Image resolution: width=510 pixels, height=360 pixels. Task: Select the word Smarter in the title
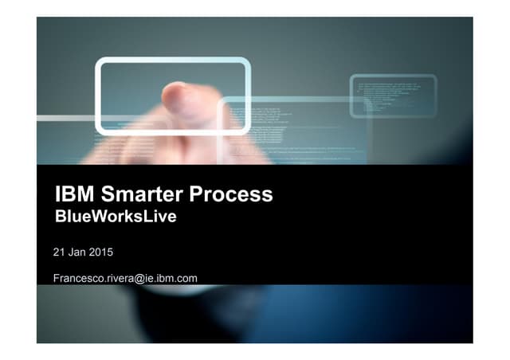click(x=142, y=194)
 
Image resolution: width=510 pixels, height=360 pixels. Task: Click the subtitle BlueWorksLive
click(x=115, y=216)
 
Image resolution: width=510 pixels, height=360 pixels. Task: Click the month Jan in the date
click(x=77, y=252)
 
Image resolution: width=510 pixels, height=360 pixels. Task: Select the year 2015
click(x=101, y=252)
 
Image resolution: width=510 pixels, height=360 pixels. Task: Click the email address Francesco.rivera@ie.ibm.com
click(x=125, y=278)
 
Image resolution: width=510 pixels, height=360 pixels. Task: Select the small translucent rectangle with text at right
click(x=393, y=96)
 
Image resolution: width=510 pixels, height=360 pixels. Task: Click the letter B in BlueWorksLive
click(x=59, y=216)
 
